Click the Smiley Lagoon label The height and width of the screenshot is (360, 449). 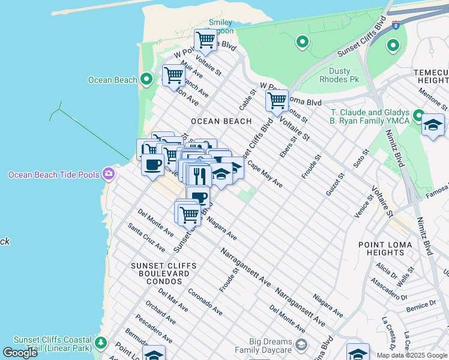pos(220,27)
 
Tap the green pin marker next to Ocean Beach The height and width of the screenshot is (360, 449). pos(146,79)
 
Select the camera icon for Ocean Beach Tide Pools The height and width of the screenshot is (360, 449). pos(109,174)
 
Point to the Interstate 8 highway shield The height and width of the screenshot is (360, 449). pos(396,25)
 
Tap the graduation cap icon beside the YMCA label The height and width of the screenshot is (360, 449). pos(433,125)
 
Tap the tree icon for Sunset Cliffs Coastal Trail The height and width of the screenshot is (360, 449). pos(101,343)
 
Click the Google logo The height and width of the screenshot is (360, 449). pos(20,353)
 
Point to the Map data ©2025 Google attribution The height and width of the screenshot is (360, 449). pos(412,355)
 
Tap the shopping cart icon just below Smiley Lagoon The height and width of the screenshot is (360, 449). pos(206,40)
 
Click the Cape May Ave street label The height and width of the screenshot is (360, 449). pos(265,176)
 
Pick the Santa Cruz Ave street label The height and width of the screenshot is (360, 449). pos(146,238)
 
